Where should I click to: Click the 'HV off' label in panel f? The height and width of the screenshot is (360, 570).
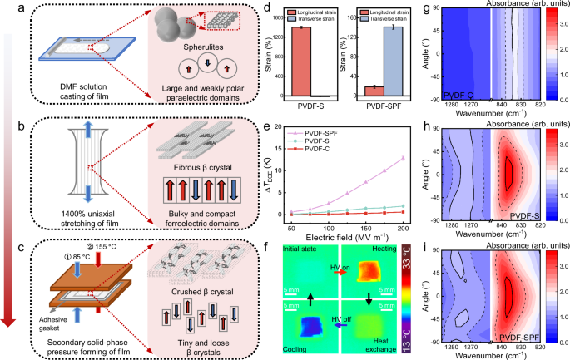click(337, 320)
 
